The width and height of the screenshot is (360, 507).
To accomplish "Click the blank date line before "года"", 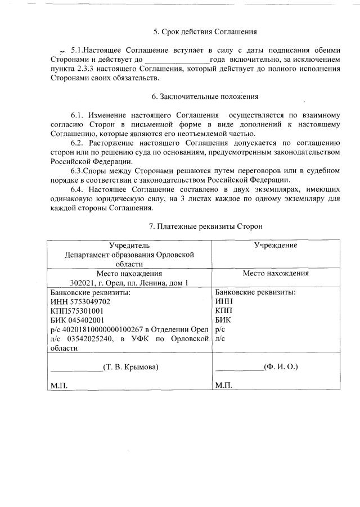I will (x=177, y=60).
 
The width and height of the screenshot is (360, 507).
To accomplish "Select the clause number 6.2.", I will (x=78, y=143).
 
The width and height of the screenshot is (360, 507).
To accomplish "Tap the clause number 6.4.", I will (x=78, y=189).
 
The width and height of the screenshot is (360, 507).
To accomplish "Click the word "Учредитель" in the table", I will (x=129, y=246).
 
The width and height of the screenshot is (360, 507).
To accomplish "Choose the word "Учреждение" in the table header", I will (x=276, y=246).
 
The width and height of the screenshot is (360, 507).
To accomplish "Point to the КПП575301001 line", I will (x=76, y=310).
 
